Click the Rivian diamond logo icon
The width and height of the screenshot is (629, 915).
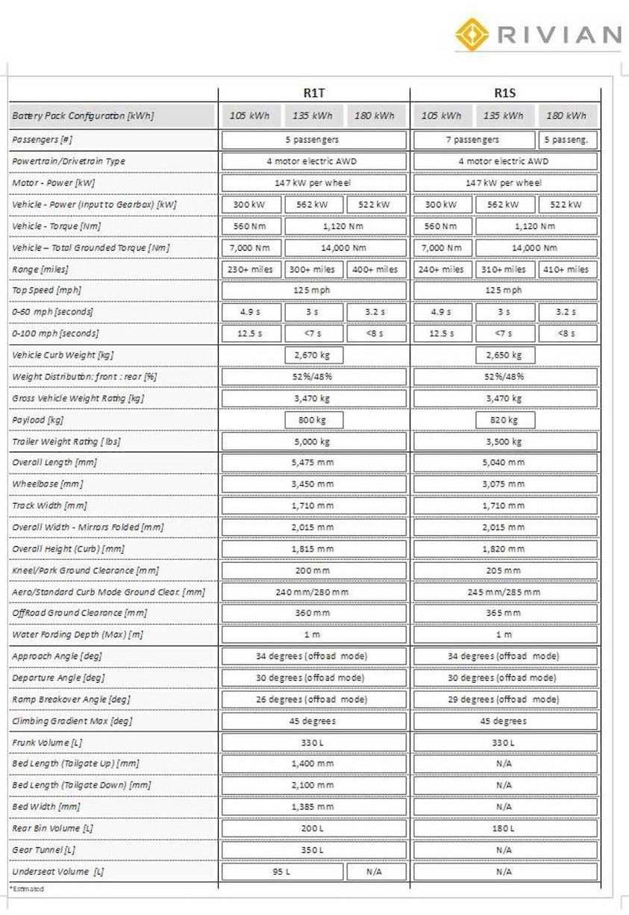click(x=472, y=34)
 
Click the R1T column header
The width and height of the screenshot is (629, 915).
click(x=313, y=93)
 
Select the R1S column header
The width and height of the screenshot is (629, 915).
click(x=504, y=93)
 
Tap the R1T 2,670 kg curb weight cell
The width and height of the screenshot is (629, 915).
click(x=313, y=355)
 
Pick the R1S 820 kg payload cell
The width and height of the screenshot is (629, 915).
click(x=504, y=420)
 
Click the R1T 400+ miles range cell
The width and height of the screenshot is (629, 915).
click(x=376, y=269)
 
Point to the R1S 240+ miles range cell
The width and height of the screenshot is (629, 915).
click(x=442, y=269)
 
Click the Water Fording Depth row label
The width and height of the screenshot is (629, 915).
click(x=78, y=634)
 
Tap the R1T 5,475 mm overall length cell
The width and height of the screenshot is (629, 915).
click(x=313, y=463)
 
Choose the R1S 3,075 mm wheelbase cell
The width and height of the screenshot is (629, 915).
click(x=504, y=484)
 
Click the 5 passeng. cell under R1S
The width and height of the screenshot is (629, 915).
click(x=567, y=140)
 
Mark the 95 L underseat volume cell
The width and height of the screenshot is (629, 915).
click(x=282, y=872)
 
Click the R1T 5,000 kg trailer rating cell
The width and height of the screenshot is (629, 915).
click(x=313, y=441)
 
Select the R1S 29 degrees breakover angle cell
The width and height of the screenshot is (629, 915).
click(x=504, y=699)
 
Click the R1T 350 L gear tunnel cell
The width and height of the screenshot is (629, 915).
click(x=313, y=850)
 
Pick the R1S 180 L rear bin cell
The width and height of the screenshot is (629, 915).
click(x=504, y=828)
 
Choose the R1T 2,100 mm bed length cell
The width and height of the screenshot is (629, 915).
click(x=313, y=785)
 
